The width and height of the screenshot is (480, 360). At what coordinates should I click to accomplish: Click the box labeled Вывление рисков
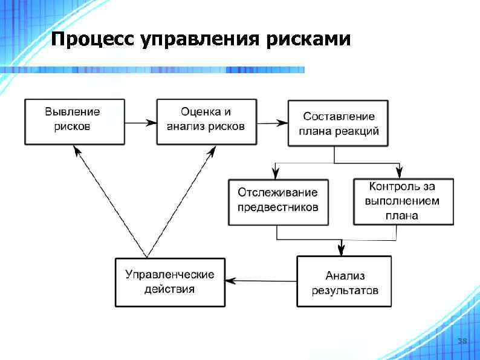(x=74, y=122)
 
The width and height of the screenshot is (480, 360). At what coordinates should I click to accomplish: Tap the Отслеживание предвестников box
(x=278, y=201)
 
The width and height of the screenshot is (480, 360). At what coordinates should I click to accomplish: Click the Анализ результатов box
(x=343, y=281)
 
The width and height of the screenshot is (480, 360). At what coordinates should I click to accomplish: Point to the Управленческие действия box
(x=169, y=281)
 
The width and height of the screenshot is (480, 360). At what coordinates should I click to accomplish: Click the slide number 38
(x=462, y=342)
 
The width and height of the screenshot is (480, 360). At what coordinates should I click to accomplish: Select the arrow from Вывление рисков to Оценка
(x=140, y=122)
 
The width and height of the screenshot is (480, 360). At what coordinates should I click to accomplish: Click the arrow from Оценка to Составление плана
(x=271, y=123)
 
